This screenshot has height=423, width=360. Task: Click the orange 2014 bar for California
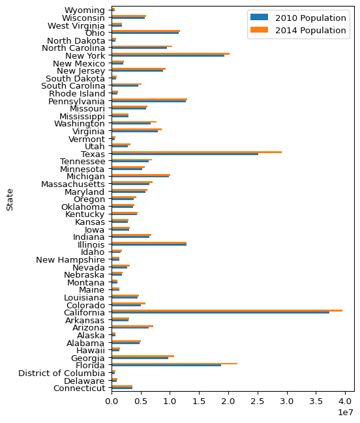[227, 310]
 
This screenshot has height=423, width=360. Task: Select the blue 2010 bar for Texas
[185, 154]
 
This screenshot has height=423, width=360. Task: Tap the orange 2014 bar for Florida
[174, 364]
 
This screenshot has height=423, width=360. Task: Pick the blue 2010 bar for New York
[168, 55]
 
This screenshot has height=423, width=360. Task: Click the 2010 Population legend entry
[298, 18]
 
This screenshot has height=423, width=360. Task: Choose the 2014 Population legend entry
[298, 30]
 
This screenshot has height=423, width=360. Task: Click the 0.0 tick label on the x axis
[112, 401]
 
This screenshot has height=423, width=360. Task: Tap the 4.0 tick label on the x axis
[346, 401]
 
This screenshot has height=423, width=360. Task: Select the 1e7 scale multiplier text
[346, 412]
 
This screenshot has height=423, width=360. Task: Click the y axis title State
[10, 199]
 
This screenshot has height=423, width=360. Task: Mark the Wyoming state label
[85, 10]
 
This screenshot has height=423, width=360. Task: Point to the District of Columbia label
[61, 373]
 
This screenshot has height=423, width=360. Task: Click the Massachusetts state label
[73, 184]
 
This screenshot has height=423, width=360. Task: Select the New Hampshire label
[70, 260]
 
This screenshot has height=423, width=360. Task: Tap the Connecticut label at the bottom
[80, 388]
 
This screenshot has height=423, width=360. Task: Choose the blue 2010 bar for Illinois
[149, 244]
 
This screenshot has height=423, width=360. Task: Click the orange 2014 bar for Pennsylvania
[149, 99]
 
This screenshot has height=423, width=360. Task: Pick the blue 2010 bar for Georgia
[140, 358]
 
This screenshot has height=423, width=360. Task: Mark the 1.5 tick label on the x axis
[200, 401]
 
